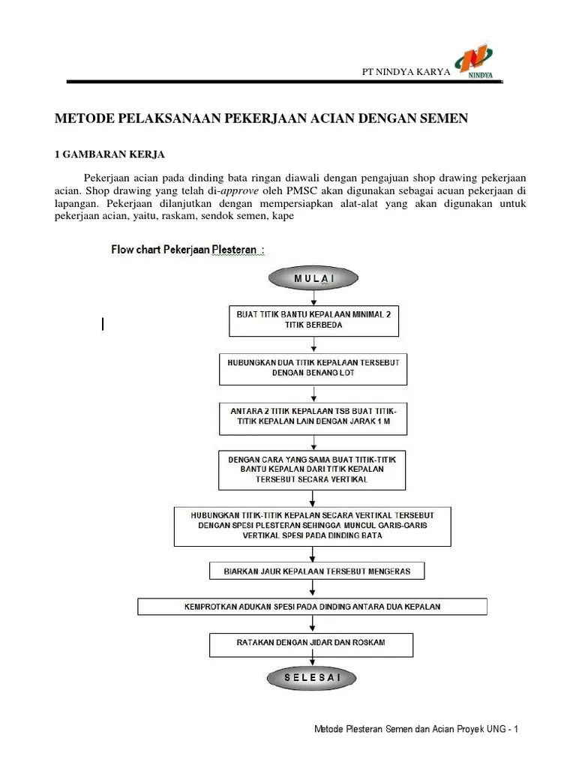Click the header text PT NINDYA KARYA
(x=406, y=71)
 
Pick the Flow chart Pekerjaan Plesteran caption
(x=187, y=249)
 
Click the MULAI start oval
(x=313, y=278)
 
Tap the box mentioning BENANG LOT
(x=313, y=367)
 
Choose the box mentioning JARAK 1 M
(x=313, y=417)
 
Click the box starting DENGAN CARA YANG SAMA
(x=313, y=468)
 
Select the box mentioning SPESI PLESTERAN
(x=314, y=526)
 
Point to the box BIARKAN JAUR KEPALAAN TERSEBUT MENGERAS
(x=316, y=571)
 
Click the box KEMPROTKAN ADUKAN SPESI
(x=313, y=606)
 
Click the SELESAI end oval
(x=312, y=678)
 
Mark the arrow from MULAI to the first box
(x=313, y=297)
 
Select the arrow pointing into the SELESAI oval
(x=313, y=661)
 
